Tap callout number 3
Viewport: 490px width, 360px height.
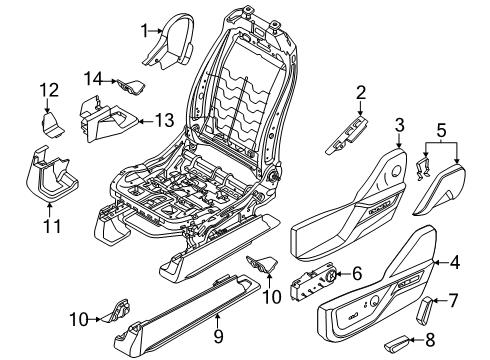[398, 124]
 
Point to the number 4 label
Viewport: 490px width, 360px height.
[456, 264]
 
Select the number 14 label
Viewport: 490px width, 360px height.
[94, 78]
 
